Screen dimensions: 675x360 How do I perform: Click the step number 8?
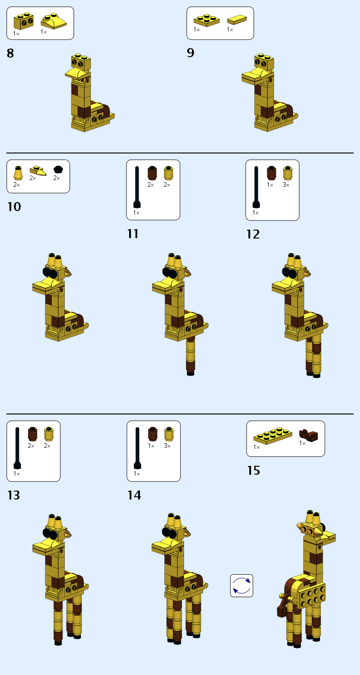(10, 54)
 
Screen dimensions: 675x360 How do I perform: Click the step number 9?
(190, 53)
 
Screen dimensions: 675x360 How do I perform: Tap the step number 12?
(253, 234)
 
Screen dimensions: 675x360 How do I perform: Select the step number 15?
(254, 471)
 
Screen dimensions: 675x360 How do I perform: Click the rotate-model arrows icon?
(242, 585)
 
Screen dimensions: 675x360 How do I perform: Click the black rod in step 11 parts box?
(137, 187)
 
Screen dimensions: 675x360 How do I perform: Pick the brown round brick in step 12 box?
(270, 173)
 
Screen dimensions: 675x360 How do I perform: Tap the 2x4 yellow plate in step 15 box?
(273, 435)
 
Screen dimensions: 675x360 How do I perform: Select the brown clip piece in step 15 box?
(308, 435)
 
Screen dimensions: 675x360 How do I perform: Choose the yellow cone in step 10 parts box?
(18, 173)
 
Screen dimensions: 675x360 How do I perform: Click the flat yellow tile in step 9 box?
(237, 20)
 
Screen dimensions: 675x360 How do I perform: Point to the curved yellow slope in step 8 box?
(54, 21)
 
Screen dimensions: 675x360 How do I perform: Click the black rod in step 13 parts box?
(17, 447)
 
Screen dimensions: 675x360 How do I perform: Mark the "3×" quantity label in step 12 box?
(286, 184)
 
